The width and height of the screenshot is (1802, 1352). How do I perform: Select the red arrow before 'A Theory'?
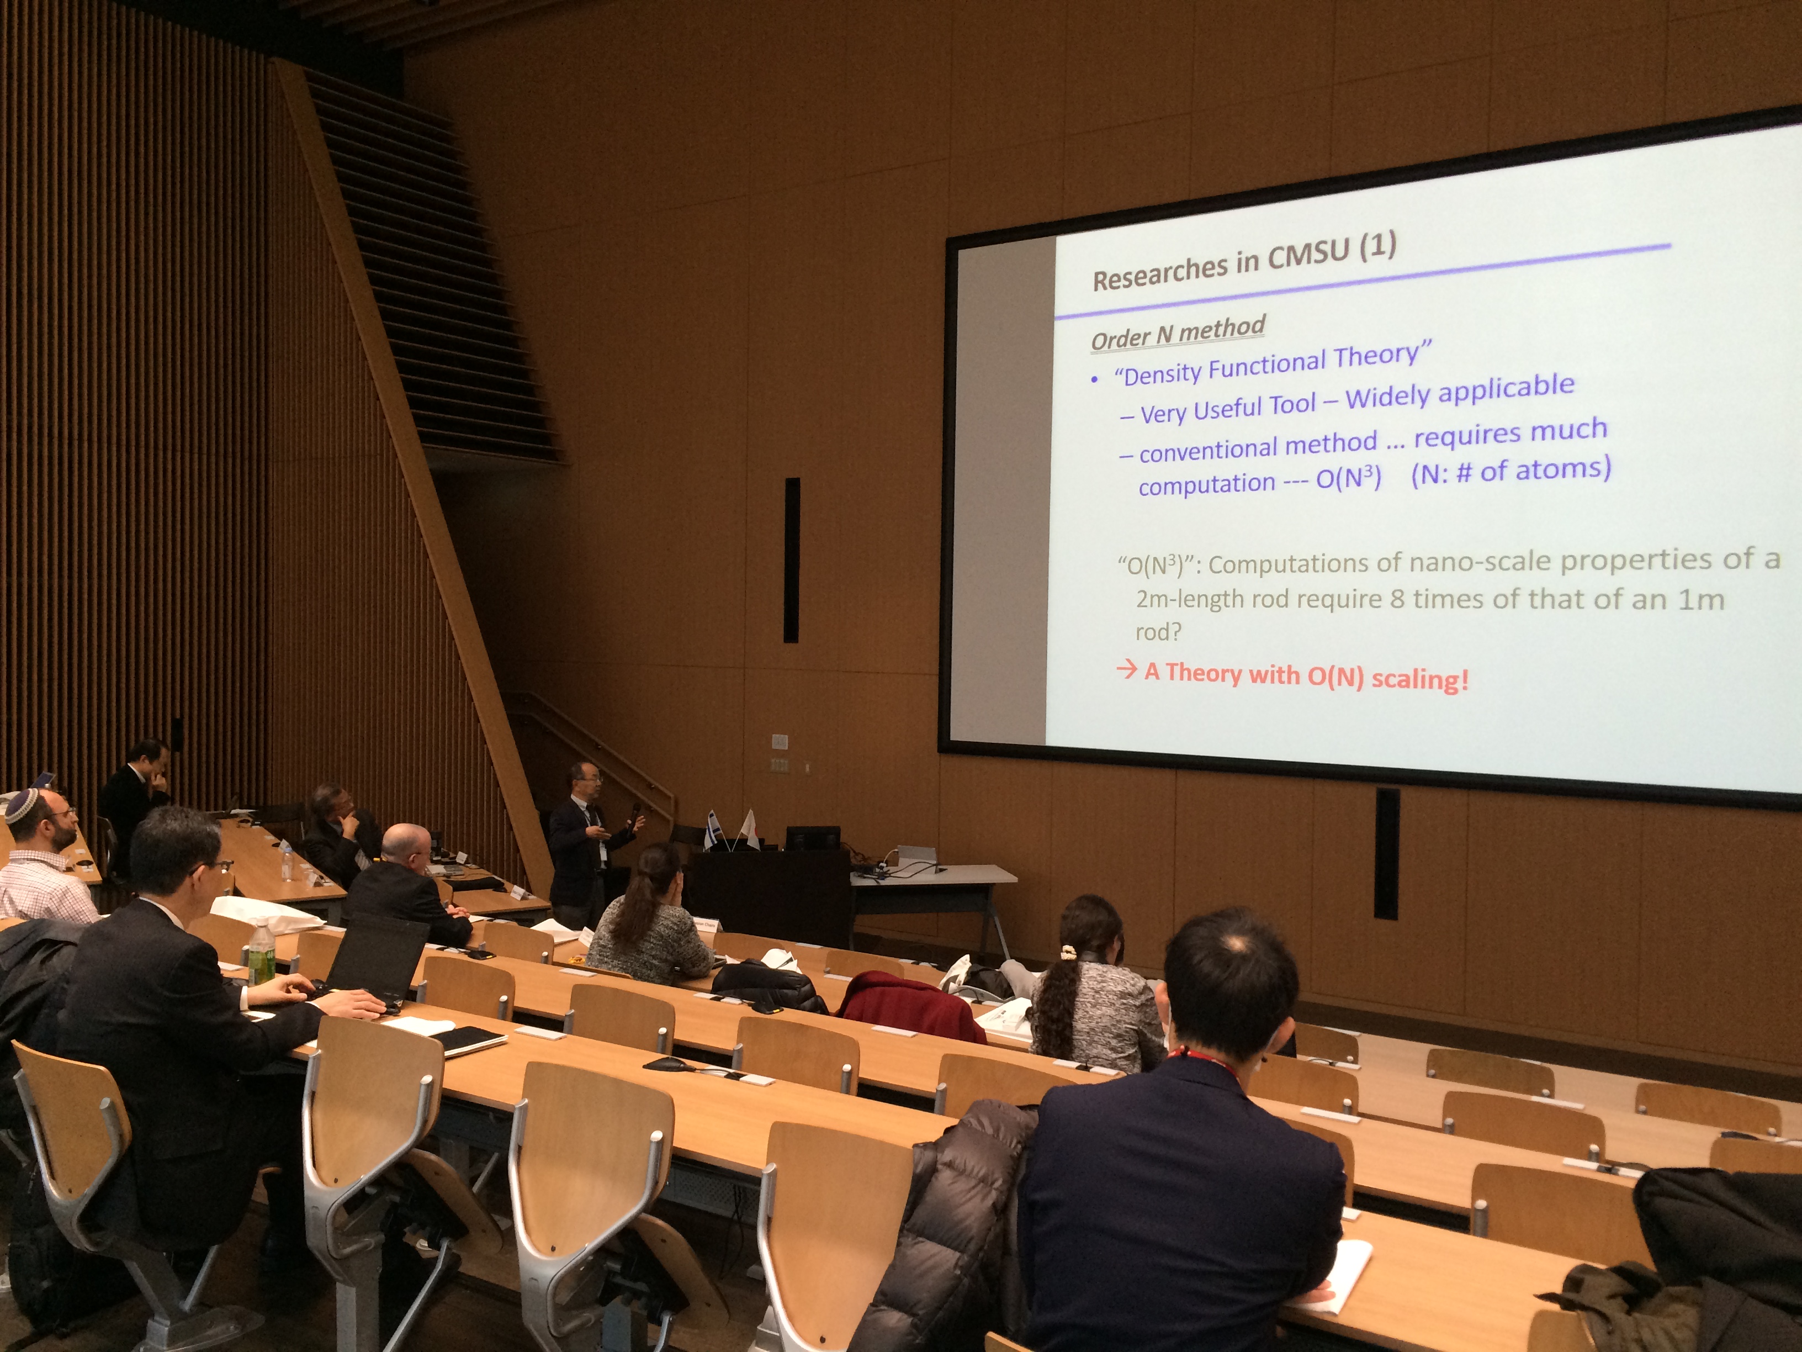tap(1127, 670)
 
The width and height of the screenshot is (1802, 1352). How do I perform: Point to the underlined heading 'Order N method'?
tap(1178, 332)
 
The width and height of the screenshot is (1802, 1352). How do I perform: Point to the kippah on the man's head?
tap(23, 802)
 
